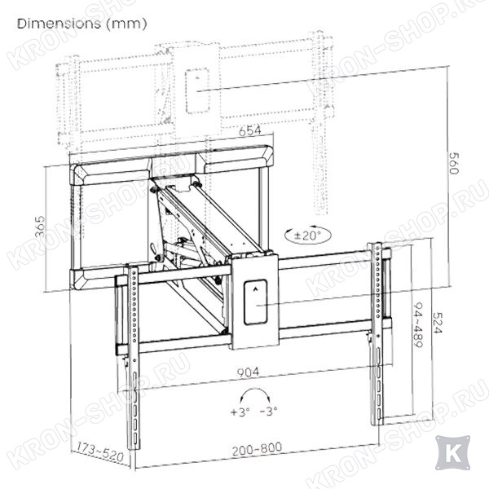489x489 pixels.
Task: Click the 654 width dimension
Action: pyautogui.click(x=250, y=130)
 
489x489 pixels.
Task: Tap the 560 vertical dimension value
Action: pyautogui.click(x=453, y=163)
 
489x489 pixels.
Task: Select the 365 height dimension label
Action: pyautogui.click(x=41, y=227)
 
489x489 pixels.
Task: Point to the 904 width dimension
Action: pyautogui.click(x=248, y=372)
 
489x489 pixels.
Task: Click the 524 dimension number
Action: pyautogui.click(x=437, y=323)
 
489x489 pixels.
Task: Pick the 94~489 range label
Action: pyautogui.click(x=417, y=324)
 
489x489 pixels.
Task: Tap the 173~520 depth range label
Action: pyautogui.click(x=100, y=452)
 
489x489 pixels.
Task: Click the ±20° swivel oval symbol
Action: pyautogui.click(x=308, y=236)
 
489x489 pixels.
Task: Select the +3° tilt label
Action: pyautogui.click(x=240, y=412)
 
